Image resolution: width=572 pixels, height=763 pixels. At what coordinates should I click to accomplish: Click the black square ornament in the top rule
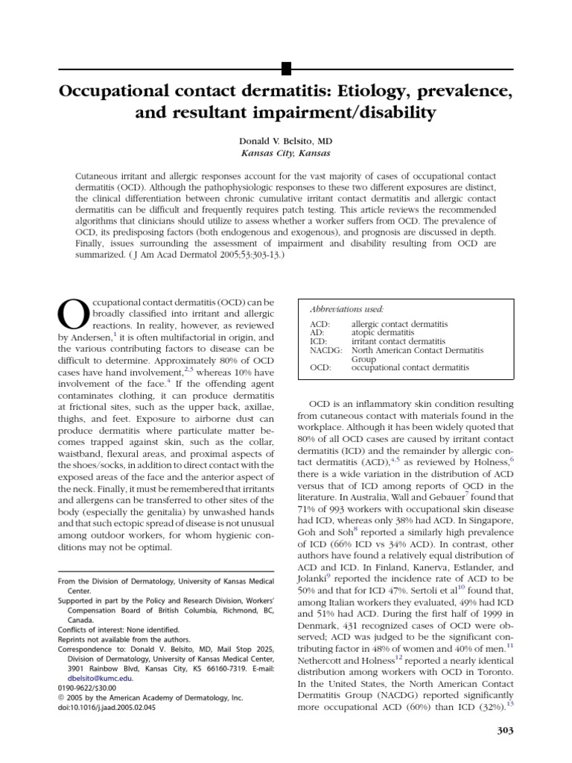tap(285, 71)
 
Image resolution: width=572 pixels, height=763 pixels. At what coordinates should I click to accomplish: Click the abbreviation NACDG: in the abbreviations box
tap(325, 349)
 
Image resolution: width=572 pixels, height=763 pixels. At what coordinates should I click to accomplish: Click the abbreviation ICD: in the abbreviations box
tap(318, 341)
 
